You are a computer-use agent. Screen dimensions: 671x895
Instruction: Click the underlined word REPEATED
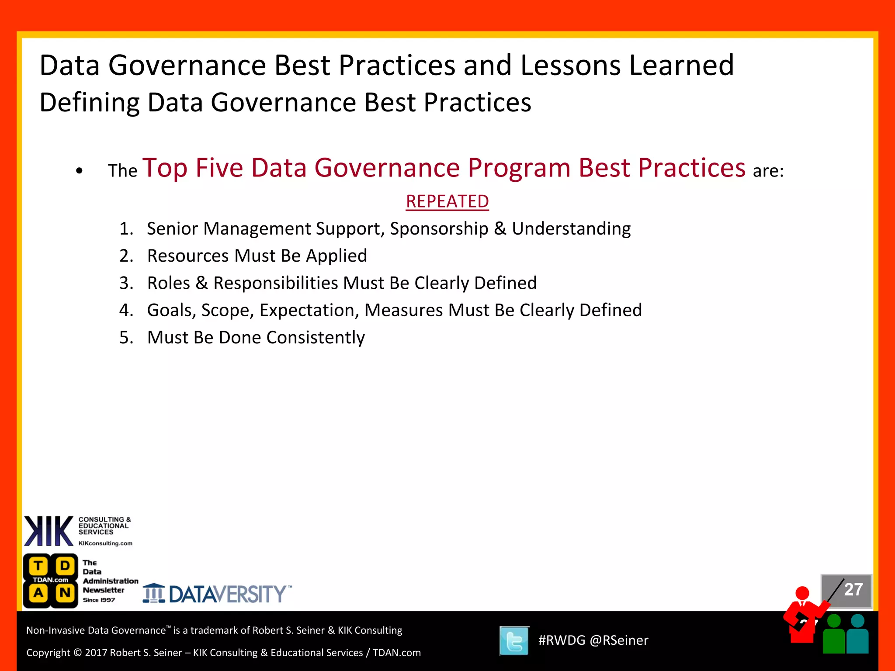pos(447,202)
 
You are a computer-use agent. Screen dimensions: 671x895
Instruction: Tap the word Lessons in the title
pos(570,66)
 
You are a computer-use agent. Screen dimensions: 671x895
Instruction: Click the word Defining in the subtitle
pos(90,103)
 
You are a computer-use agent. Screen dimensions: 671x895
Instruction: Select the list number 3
pos(126,283)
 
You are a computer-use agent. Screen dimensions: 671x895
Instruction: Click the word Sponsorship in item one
pos(439,229)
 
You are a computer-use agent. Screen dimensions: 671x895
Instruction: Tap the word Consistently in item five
pos(315,338)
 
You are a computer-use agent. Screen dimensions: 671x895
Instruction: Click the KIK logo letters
pos(49,531)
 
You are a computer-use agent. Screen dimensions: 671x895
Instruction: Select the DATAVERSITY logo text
pos(227,594)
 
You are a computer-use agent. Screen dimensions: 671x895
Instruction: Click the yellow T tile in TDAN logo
pos(38,566)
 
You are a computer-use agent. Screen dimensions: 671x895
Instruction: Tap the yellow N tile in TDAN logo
pos(65,593)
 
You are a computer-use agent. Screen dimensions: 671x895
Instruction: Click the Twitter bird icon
pos(514,641)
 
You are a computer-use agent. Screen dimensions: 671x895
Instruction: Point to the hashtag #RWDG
pos(561,640)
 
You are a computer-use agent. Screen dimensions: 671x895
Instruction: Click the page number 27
pos(853,590)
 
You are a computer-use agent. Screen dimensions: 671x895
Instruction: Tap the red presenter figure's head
pos(802,593)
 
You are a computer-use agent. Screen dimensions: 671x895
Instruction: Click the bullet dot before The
pos(79,171)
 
